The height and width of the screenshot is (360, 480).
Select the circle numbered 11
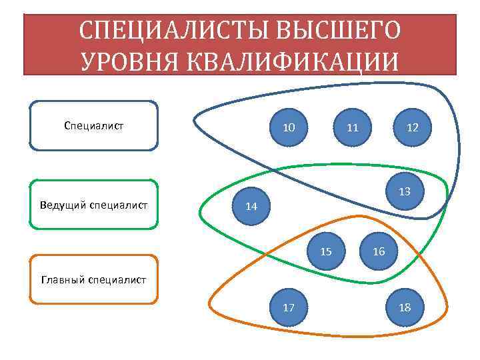coord(353,127)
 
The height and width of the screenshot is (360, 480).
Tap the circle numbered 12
coord(412,127)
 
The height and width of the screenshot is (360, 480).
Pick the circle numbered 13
coord(404,191)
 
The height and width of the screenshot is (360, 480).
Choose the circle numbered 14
coord(251,206)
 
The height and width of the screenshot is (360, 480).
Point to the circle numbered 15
coord(326,252)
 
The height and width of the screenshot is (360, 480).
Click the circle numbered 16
coord(379,252)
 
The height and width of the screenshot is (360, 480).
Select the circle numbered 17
coord(289,307)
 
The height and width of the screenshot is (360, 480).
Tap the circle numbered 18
coord(404,307)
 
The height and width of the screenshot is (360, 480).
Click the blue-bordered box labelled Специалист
coord(94,125)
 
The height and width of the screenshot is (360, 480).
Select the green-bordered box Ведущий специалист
coord(94,204)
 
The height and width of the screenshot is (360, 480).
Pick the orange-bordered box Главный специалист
coord(94,280)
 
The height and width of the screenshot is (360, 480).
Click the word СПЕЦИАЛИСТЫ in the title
coord(165,30)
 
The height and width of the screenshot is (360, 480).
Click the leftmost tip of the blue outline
coord(194,121)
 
